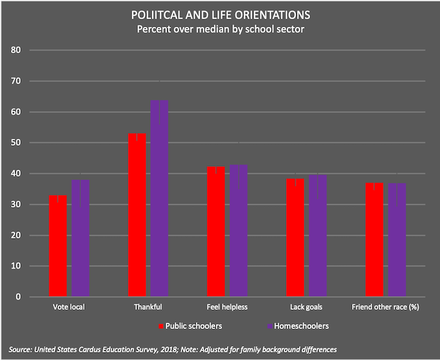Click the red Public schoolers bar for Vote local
click(x=58, y=246)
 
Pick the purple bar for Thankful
click(x=159, y=199)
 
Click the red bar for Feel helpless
click(x=216, y=232)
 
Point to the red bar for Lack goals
click(x=295, y=238)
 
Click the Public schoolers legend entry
click(x=190, y=326)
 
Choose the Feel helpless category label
click(x=227, y=306)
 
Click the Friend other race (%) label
click(x=385, y=306)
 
